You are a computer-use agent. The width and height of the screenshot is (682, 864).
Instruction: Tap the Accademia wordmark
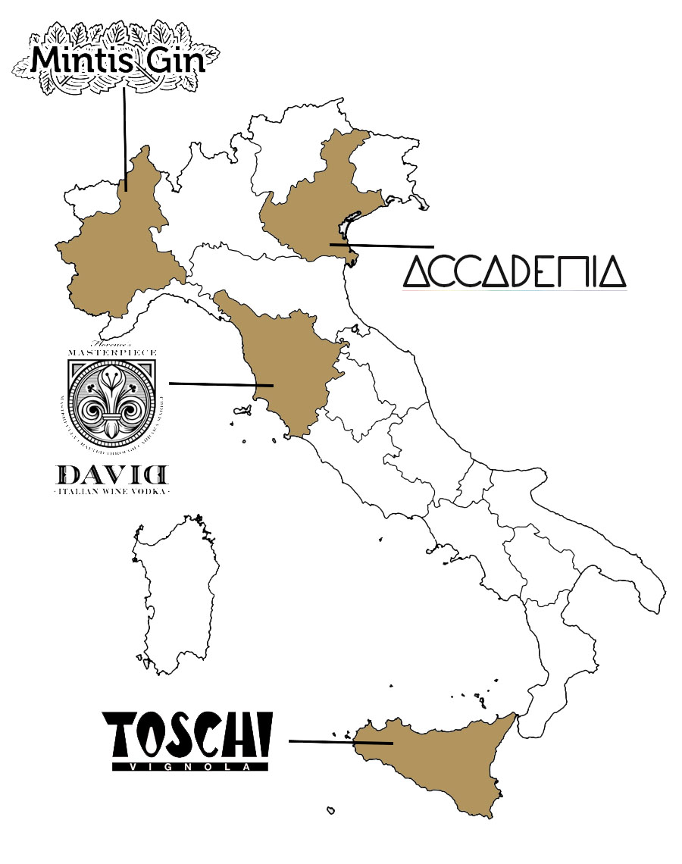point(515,271)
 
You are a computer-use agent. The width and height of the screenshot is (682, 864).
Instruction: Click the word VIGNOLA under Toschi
point(190,766)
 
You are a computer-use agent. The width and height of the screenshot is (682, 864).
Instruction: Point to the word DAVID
point(113,475)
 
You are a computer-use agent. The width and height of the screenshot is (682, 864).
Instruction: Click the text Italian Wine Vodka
point(113,492)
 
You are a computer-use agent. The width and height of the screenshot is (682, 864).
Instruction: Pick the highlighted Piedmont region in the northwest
point(117,243)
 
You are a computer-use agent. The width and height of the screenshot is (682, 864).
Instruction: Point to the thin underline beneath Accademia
point(515,290)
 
